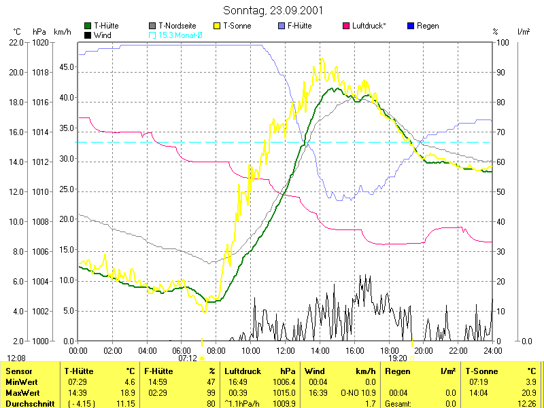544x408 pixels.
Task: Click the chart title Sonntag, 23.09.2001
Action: point(272,11)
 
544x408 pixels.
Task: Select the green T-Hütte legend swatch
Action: point(88,26)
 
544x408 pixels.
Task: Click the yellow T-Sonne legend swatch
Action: point(218,26)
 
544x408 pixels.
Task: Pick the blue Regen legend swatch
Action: point(411,26)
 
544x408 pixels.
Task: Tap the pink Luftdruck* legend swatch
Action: point(347,26)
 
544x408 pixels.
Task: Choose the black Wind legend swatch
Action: point(88,35)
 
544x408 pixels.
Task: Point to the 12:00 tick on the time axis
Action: point(286,350)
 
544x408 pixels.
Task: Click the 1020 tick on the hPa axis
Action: point(40,42)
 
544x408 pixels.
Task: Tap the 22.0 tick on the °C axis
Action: point(16,42)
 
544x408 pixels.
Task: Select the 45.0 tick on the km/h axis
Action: point(66,67)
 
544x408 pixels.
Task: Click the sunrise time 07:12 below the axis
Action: point(188,358)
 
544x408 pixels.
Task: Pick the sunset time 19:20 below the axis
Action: point(398,358)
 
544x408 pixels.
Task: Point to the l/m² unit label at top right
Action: point(524,31)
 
